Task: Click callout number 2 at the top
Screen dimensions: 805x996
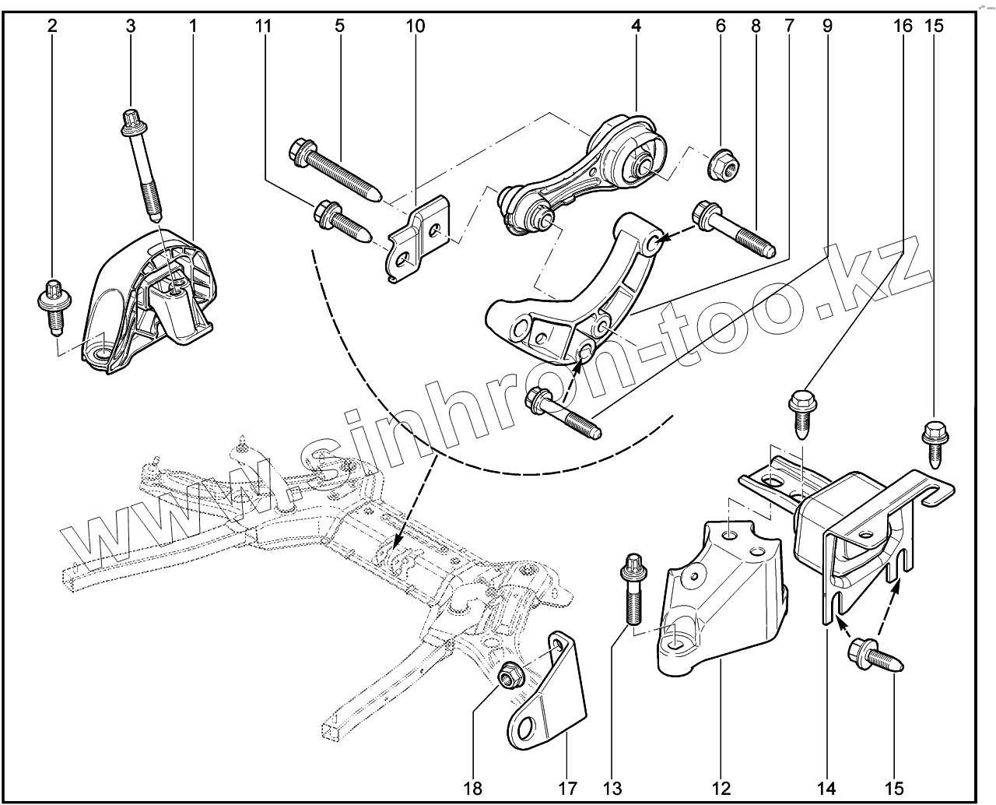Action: (x=52, y=26)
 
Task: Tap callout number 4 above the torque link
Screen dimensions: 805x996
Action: (x=637, y=26)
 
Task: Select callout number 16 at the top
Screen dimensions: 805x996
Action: (x=903, y=26)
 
